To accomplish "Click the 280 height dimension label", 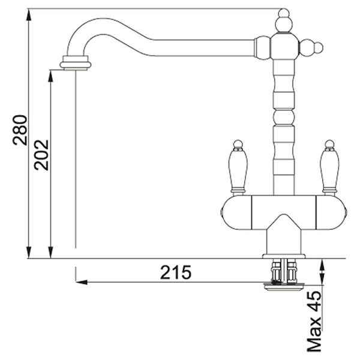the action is pyautogui.click(x=20, y=130).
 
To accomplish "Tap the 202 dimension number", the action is pyautogui.click(x=41, y=155).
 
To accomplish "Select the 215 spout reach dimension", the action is pyautogui.click(x=176, y=272).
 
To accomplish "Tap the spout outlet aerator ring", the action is pyautogui.click(x=76, y=63).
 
